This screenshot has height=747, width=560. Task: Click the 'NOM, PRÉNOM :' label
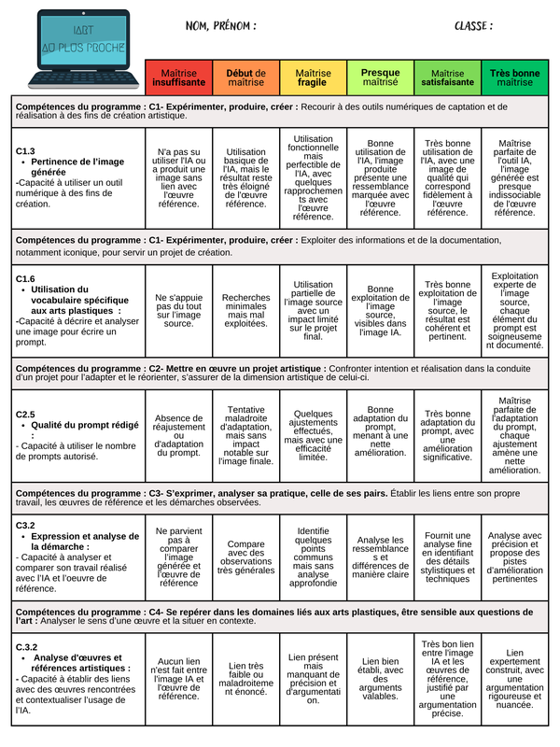pyautogui.click(x=220, y=26)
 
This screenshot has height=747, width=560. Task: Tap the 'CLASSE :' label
pyautogui.click(x=473, y=26)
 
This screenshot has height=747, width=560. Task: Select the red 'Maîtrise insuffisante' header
pyautogui.click(x=178, y=78)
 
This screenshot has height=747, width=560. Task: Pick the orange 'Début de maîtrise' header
pyautogui.click(x=245, y=78)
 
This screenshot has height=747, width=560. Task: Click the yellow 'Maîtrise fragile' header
pyautogui.click(x=313, y=78)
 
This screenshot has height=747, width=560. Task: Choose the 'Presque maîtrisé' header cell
pyautogui.click(x=380, y=78)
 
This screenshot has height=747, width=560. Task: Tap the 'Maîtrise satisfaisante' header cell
pyautogui.click(x=447, y=78)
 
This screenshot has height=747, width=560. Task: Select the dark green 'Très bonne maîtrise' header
pyautogui.click(x=514, y=78)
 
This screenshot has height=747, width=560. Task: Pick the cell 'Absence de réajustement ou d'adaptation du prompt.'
pyautogui.click(x=178, y=435)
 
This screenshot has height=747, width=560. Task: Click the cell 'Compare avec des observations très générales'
pyautogui.click(x=245, y=557)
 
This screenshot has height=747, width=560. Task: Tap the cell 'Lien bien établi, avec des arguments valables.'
pyautogui.click(x=380, y=679)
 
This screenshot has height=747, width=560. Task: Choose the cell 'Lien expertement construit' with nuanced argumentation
pyautogui.click(x=514, y=679)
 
